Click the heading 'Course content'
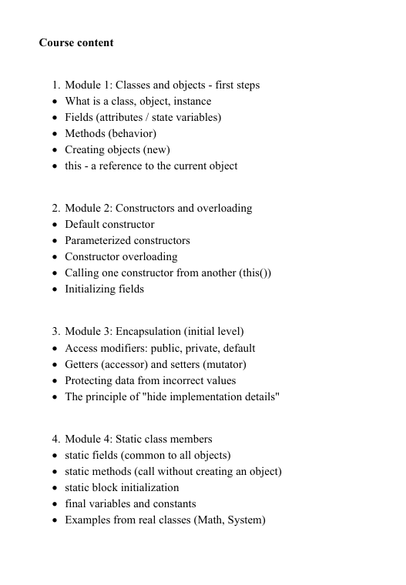(x=76, y=43)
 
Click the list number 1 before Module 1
(x=55, y=85)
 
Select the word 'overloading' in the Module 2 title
(x=223, y=209)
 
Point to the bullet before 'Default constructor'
(x=54, y=225)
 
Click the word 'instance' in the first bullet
(x=192, y=102)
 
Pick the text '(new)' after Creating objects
(x=156, y=150)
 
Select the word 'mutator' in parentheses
(x=223, y=365)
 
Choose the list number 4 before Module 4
(x=55, y=440)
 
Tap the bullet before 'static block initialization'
(x=54, y=488)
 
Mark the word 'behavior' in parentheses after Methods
(x=136, y=134)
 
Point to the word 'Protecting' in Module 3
(x=90, y=381)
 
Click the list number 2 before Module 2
(x=55, y=209)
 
